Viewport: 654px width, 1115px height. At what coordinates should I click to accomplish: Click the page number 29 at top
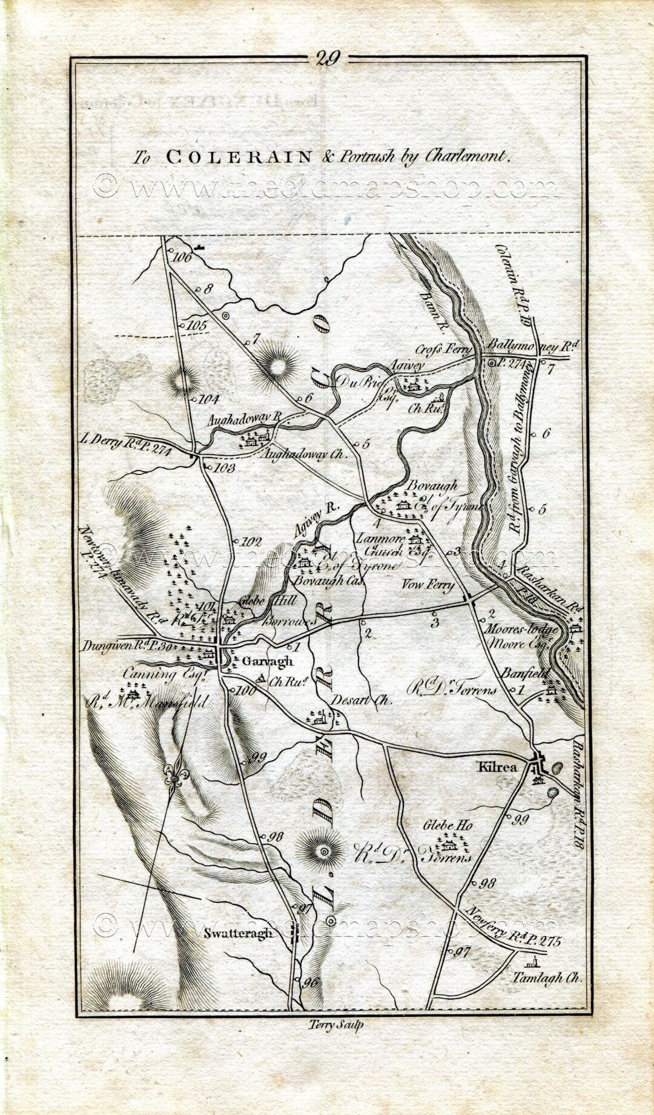(328, 58)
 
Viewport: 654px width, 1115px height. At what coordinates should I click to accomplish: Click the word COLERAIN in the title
(239, 157)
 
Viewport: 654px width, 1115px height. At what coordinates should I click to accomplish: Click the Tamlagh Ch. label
(546, 977)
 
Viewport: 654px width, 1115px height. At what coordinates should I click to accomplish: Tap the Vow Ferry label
(428, 585)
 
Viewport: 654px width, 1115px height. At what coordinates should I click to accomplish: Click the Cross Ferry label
(443, 350)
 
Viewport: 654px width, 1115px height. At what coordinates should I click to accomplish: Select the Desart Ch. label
(362, 700)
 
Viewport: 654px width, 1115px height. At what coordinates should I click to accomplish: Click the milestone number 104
(208, 400)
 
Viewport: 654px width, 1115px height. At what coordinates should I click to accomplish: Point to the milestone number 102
(251, 542)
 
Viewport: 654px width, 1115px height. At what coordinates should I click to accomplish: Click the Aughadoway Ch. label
(304, 454)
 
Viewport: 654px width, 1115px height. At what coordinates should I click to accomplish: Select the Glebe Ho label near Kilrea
(448, 824)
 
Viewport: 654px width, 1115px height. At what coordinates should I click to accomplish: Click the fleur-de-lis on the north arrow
(176, 774)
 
